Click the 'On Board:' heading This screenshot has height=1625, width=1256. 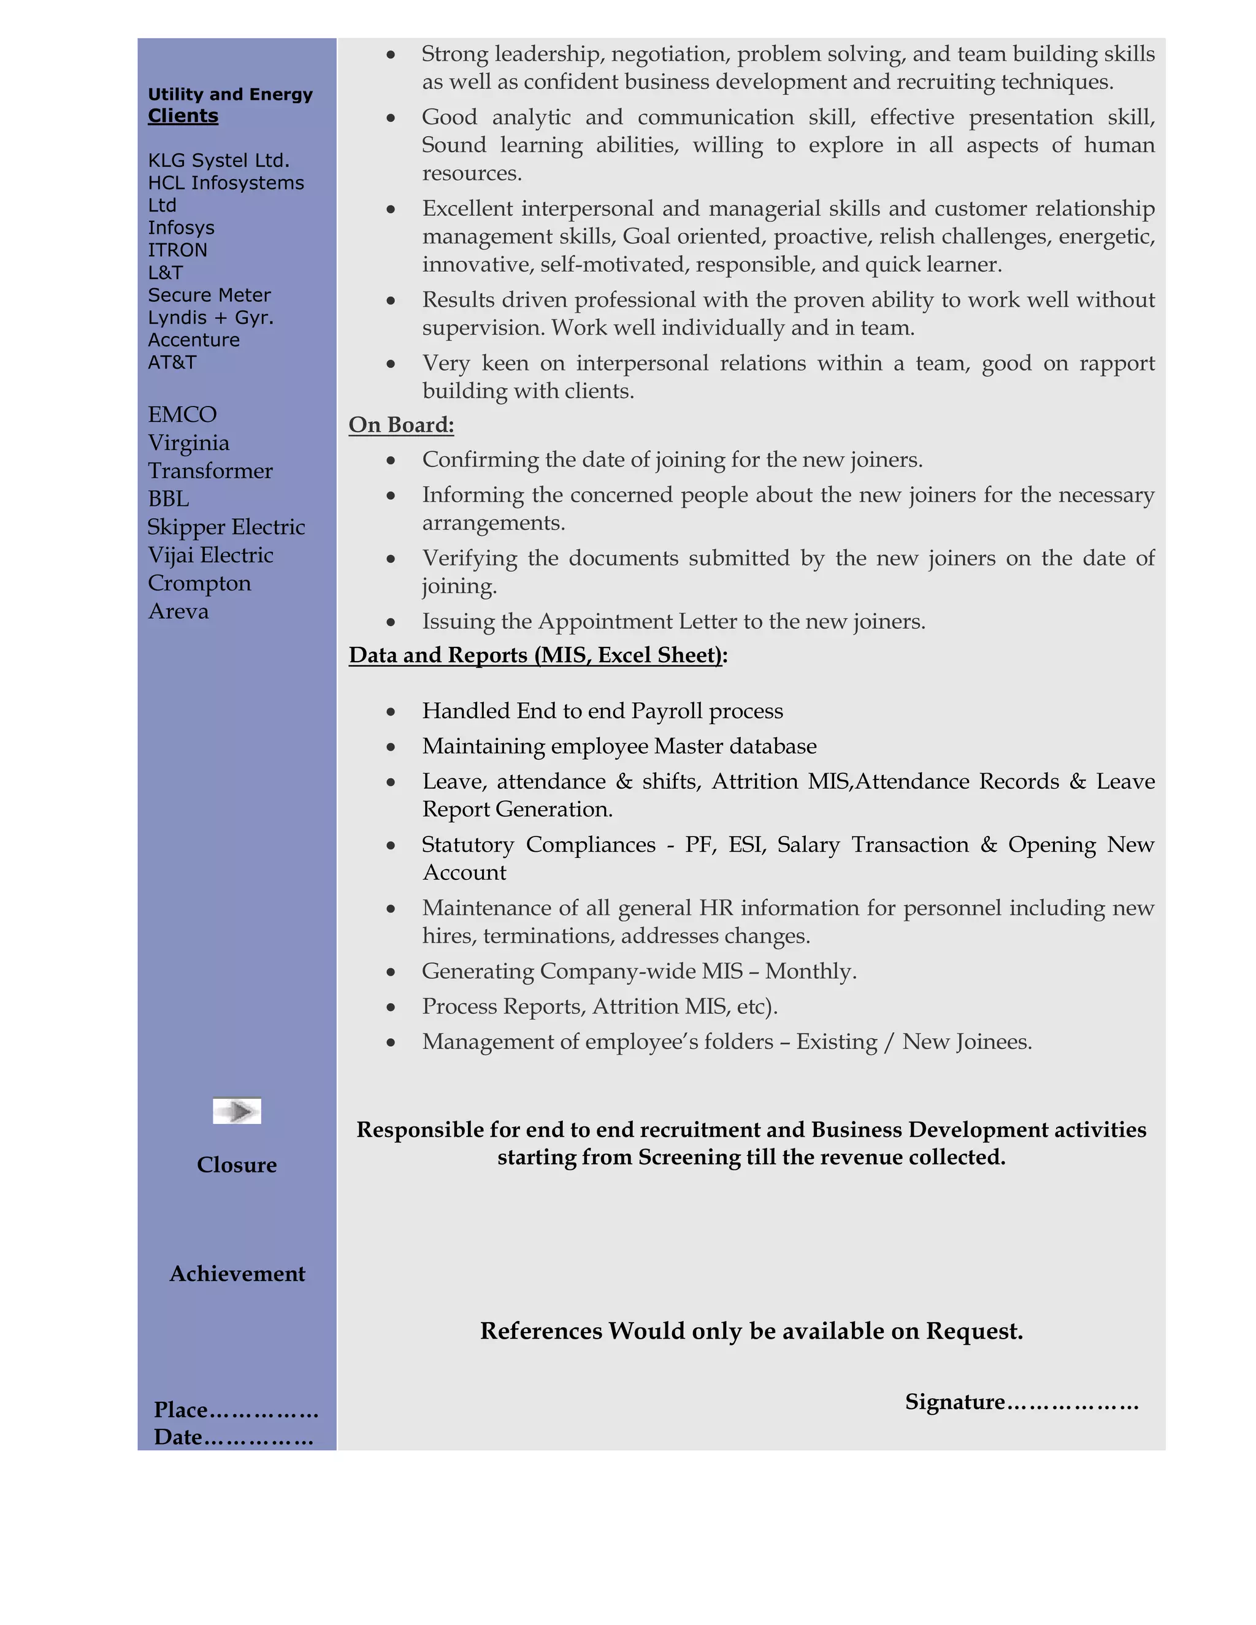[401, 425]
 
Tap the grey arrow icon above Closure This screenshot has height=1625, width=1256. [237, 1112]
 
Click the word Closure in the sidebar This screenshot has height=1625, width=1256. [237, 1165]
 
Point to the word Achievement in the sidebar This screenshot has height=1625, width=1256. [237, 1274]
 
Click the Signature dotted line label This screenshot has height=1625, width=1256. [1021, 1402]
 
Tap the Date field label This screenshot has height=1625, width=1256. [178, 1437]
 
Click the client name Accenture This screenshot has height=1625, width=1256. [193, 340]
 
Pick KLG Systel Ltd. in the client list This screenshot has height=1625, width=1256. [218, 161]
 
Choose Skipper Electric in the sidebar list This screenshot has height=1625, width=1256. [226, 527]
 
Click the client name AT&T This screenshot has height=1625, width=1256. [172, 362]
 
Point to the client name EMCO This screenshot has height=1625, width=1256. [182, 415]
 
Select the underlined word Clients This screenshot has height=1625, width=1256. [183, 116]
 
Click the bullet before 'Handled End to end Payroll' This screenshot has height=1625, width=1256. [391, 712]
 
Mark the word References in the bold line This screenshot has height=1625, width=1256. [541, 1331]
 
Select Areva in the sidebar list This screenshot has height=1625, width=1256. [178, 611]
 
